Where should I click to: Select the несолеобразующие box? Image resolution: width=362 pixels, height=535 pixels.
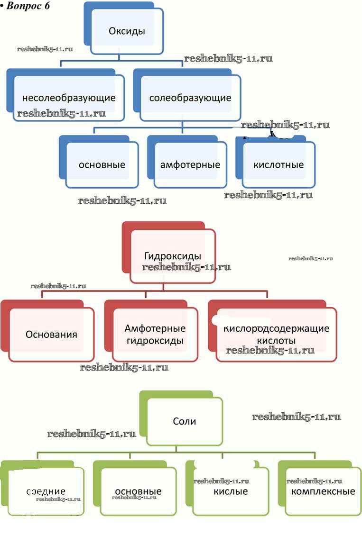click(69, 98)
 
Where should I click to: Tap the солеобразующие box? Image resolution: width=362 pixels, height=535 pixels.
click(190, 98)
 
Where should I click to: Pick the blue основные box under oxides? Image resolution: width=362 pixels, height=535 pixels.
click(102, 165)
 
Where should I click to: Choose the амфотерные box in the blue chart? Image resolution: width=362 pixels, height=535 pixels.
click(190, 165)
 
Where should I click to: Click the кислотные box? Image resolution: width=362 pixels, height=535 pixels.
click(278, 165)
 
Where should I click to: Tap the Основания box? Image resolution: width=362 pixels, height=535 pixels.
click(51, 334)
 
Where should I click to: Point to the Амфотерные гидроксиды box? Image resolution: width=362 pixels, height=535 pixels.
click(155, 335)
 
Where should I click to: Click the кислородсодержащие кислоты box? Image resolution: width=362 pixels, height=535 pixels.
click(276, 335)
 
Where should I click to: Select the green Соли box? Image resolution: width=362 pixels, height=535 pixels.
click(185, 421)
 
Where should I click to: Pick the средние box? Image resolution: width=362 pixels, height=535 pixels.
click(46, 491)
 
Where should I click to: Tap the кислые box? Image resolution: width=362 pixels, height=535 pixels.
click(231, 491)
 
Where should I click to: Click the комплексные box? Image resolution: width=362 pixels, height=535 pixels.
click(323, 491)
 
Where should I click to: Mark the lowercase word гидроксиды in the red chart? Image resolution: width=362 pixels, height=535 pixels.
click(155, 341)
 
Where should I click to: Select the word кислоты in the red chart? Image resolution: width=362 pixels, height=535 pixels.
click(276, 341)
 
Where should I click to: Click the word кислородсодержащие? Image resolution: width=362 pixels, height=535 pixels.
click(276, 328)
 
